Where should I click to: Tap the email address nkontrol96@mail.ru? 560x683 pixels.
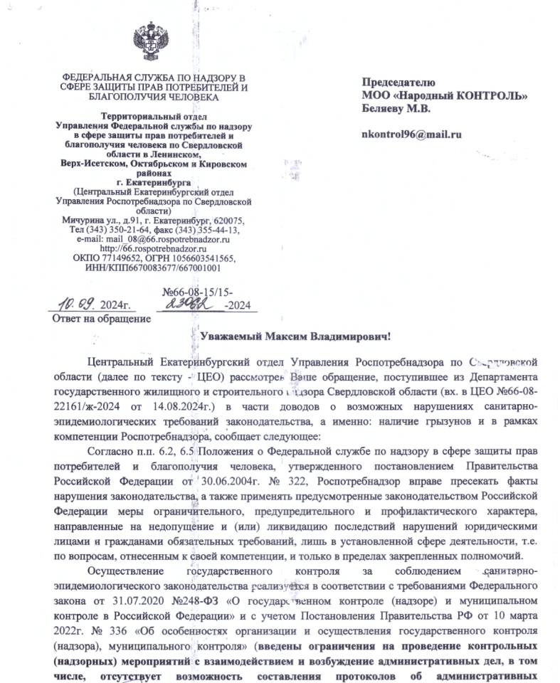point(412,133)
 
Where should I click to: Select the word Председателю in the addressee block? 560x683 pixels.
point(393,82)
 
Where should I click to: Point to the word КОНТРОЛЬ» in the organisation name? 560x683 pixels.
point(495,95)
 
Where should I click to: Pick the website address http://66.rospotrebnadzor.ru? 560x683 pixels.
point(155,248)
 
